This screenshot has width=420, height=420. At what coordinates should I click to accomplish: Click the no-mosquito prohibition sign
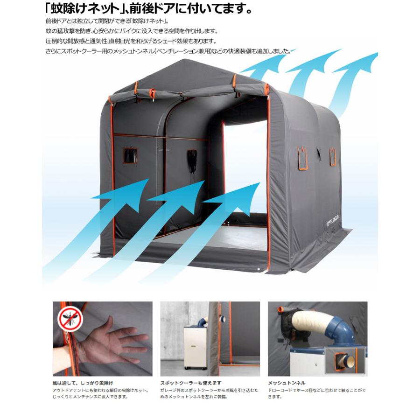coord(70,320)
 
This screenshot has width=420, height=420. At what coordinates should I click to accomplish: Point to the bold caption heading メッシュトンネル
coord(287,382)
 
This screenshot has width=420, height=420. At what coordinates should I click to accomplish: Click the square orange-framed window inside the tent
coord(130,156)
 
